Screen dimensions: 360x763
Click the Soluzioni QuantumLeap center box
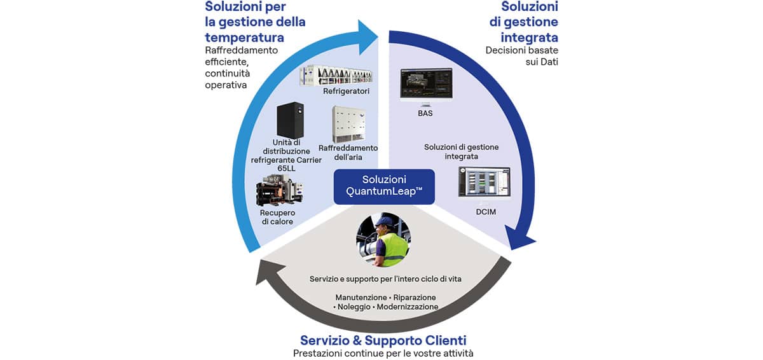[384, 187]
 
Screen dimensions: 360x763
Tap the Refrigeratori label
[346, 92]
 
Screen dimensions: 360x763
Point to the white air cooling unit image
[347, 124]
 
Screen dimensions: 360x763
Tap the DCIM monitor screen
[484, 181]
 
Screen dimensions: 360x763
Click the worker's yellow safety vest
[392, 249]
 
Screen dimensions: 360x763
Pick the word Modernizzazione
[408, 307]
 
